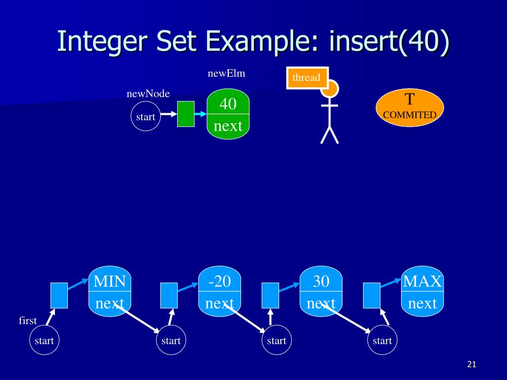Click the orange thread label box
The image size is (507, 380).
pos(307,78)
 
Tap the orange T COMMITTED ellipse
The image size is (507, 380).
pos(409,107)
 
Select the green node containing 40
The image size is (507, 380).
pos(228,114)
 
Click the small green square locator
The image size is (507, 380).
pos(186,114)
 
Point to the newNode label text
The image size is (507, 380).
pos(148,94)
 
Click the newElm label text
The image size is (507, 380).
pos(226,74)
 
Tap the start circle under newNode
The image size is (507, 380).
pos(146,117)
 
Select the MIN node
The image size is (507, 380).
pos(110,291)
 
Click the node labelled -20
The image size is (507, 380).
pos(219,291)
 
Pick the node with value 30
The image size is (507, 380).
pos(321,291)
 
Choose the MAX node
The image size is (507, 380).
pos(422,291)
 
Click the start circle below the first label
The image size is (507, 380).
pos(44,340)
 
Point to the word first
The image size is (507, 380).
pos(28,321)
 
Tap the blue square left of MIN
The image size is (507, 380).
pos(59,295)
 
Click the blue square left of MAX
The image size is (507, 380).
pos(371,295)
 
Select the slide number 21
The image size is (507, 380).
pos(471,365)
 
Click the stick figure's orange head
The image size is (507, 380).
pos(330,89)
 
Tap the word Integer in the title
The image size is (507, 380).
pos(99,41)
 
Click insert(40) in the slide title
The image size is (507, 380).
pos(389,41)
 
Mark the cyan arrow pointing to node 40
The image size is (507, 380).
pos(200,114)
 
